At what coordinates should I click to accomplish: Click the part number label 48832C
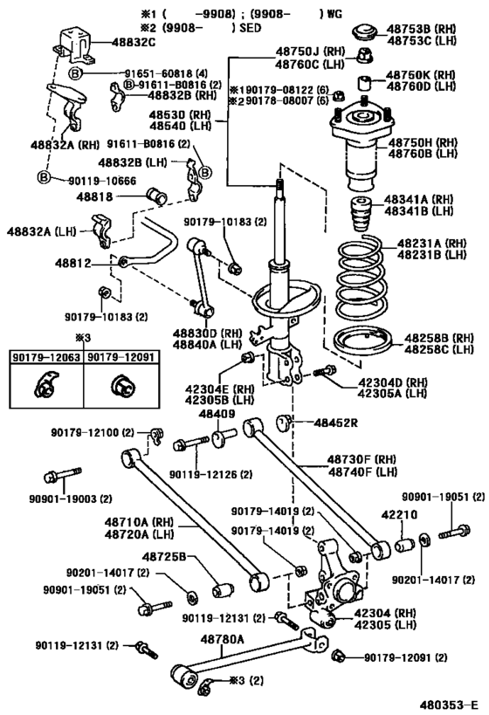133,41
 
